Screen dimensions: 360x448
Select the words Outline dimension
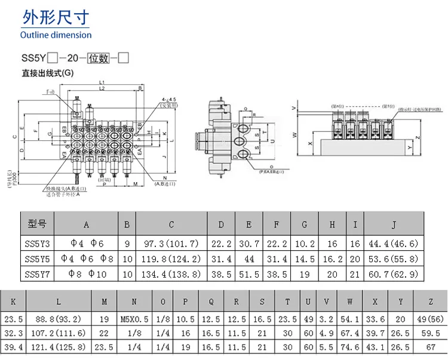tap(56, 35)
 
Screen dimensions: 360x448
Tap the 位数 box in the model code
tap(99, 59)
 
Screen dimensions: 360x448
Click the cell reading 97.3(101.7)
tap(171, 243)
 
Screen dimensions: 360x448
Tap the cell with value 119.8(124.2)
tap(171, 259)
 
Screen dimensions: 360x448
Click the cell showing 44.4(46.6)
tap(394, 243)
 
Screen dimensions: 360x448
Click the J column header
tap(394, 224)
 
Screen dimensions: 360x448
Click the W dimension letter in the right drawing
tap(294, 134)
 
